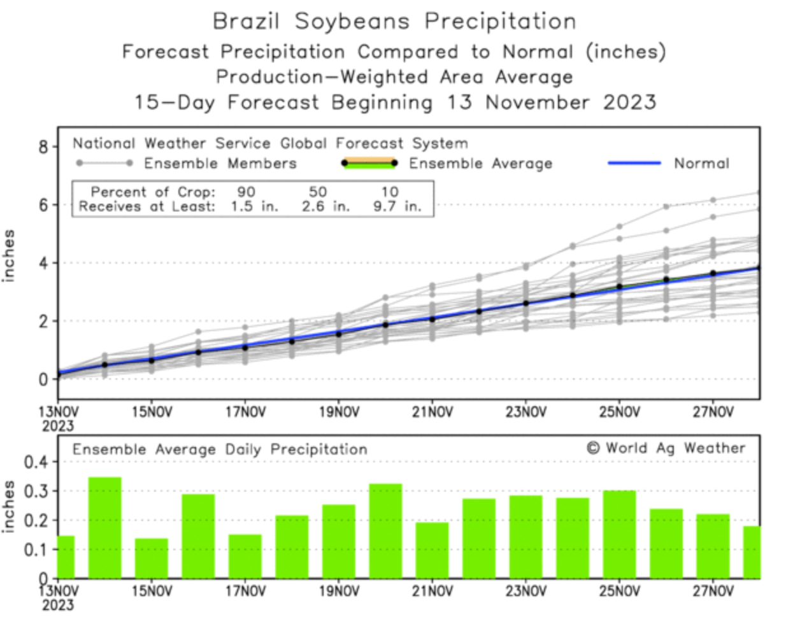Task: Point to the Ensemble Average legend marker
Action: (369, 163)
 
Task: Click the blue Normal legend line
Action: (634, 163)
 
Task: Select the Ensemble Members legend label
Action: (220, 164)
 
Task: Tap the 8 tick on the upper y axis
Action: (43, 147)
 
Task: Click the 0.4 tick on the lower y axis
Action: (35, 462)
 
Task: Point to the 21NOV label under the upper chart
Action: (432, 412)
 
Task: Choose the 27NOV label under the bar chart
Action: (713, 592)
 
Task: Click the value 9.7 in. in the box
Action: (397, 206)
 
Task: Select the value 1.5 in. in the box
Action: (254, 206)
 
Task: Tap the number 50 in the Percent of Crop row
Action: (318, 192)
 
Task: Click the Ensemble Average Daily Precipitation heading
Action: (220, 450)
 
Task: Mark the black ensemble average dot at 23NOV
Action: (525, 303)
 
